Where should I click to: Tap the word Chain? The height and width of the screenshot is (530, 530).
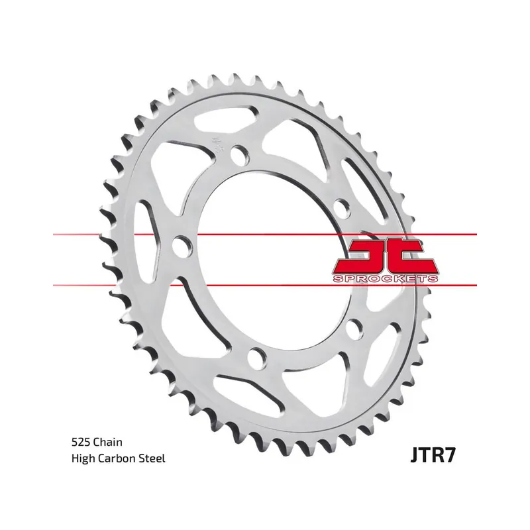(x=107, y=442)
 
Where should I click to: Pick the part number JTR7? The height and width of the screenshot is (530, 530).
(x=433, y=455)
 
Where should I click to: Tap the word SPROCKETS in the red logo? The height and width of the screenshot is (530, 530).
(x=386, y=278)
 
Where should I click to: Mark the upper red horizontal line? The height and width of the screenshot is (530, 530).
(x=265, y=234)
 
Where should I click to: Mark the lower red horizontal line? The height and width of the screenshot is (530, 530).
(x=265, y=286)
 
